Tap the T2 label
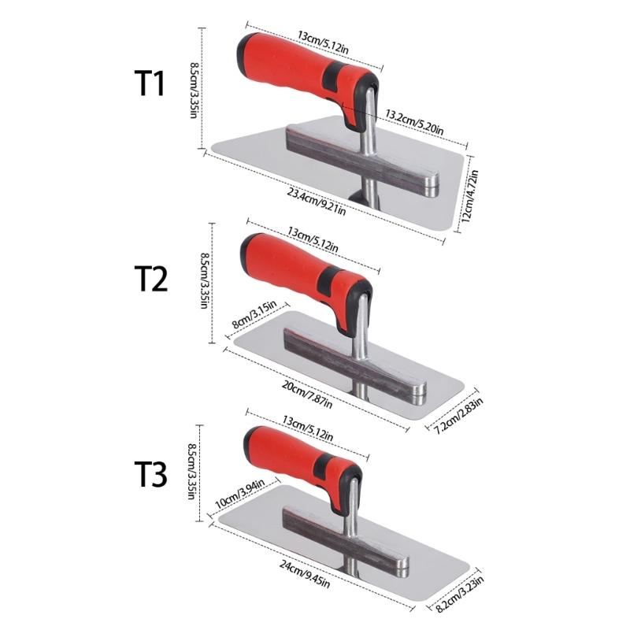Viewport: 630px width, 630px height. (x=150, y=278)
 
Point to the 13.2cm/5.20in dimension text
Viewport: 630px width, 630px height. (x=414, y=122)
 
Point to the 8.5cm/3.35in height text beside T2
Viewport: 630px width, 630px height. (x=204, y=281)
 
